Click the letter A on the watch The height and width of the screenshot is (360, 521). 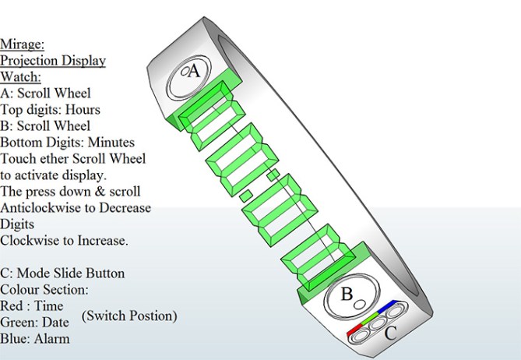(x=195, y=71)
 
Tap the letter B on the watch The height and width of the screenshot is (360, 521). (x=348, y=295)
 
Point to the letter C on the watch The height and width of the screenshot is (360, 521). (x=392, y=334)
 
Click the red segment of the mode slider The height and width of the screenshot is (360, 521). (x=355, y=330)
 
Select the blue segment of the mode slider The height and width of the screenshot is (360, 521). (x=389, y=305)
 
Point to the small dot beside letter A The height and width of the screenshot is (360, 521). (x=185, y=72)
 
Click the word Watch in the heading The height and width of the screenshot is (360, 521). (x=20, y=76)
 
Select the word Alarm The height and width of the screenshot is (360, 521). (x=52, y=339)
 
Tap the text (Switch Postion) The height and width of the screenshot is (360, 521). (x=129, y=316)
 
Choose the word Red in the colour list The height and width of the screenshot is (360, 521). (x=12, y=305)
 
